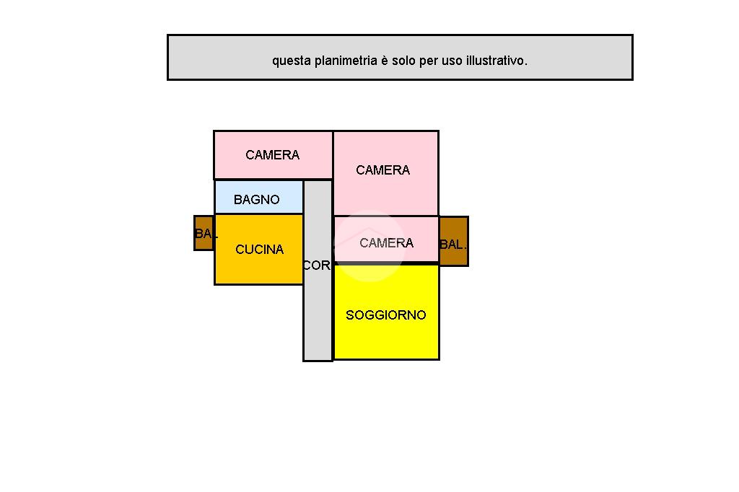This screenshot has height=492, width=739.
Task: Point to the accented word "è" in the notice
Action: [x=385, y=61]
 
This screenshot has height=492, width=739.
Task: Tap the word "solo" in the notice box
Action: [x=403, y=61]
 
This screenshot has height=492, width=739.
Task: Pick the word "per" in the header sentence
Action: [x=429, y=61]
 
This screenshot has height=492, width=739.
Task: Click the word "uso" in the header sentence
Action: [x=452, y=61]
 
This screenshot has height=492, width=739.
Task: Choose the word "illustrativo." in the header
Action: [x=497, y=61]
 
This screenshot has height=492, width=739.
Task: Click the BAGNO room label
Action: [x=256, y=200]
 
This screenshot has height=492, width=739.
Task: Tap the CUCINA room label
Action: [x=259, y=250]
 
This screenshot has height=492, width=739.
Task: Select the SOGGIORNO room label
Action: [x=386, y=315]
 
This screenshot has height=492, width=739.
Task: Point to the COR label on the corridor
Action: [x=316, y=265]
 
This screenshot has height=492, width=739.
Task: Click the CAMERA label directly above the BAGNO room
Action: [x=272, y=155]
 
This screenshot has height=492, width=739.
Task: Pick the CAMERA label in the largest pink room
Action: [x=382, y=170]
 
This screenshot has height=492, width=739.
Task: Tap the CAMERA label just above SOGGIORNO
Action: [x=386, y=243]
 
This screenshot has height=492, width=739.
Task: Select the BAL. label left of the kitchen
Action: [x=205, y=234]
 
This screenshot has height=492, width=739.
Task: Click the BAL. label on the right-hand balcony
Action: [x=452, y=245]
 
